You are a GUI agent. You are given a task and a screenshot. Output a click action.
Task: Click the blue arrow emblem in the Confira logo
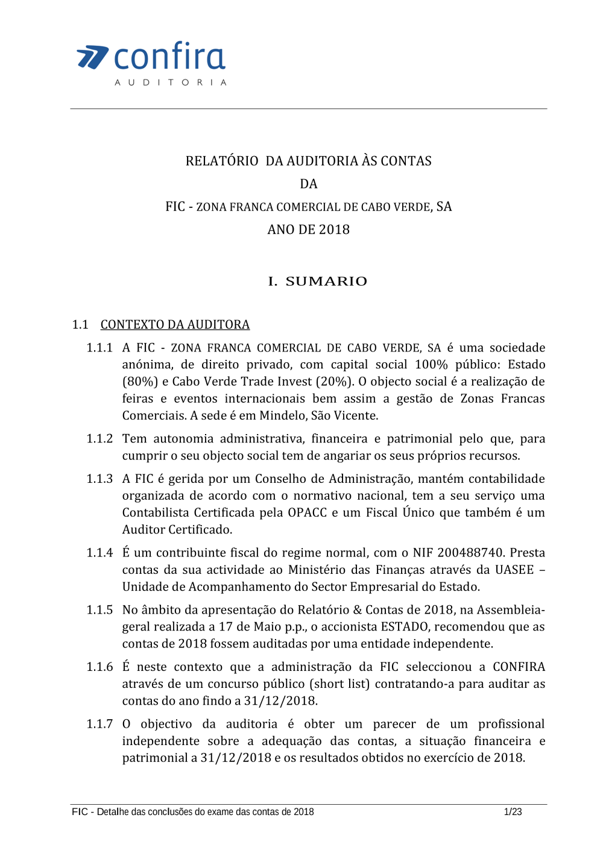pyautogui.click(x=92, y=57)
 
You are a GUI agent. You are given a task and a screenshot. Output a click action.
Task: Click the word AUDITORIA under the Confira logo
pyautogui.click(x=171, y=82)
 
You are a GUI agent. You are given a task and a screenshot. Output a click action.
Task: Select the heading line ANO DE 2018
pyautogui.click(x=308, y=230)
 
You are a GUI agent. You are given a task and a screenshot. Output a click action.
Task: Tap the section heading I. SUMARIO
pyautogui.click(x=318, y=282)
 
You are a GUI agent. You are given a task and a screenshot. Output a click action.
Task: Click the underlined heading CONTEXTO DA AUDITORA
pyautogui.click(x=175, y=324)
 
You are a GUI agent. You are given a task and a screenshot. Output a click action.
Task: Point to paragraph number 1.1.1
pyautogui.click(x=99, y=348)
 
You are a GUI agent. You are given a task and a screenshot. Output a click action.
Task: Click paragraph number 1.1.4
pyautogui.click(x=99, y=553)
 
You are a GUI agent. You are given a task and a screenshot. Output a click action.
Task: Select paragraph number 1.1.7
pyautogui.click(x=99, y=724)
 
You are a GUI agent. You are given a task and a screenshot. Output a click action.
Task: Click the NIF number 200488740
pyautogui.click(x=470, y=553)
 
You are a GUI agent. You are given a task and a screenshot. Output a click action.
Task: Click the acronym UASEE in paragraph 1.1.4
pyautogui.click(x=514, y=570)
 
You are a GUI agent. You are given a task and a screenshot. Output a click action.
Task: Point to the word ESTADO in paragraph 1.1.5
pyautogui.click(x=405, y=627)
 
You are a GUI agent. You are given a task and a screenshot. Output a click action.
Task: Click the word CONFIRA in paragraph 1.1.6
pyautogui.click(x=519, y=667)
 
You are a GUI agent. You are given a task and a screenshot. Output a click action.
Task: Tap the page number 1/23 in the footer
pyautogui.click(x=513, y=812)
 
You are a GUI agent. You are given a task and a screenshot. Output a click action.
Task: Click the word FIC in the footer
pyautogui.click(x=80, y=812)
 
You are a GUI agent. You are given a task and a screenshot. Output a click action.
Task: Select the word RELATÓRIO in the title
pyautogui.click(x=222, y=161)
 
